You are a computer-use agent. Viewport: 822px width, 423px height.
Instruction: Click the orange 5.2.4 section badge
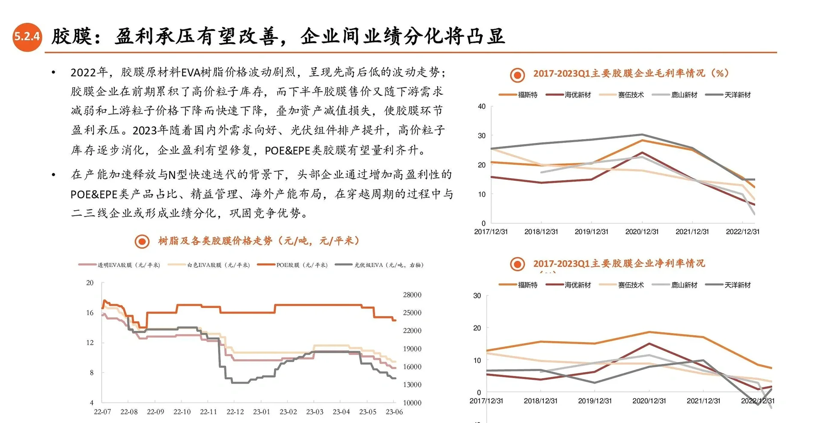(x=27, y=36)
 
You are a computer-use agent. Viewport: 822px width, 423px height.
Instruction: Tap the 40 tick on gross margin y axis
(x=482, y=106)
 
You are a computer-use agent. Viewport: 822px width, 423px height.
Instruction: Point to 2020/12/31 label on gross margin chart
(x=642, y=232)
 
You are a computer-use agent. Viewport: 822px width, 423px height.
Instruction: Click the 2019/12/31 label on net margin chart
(x=595, y=401)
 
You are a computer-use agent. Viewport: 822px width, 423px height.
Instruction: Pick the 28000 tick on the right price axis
(x=412, y=295)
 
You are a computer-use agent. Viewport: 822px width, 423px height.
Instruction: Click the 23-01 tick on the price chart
(x=261, y=411)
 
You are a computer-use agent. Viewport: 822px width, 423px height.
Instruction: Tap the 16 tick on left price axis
(x=89, y=313)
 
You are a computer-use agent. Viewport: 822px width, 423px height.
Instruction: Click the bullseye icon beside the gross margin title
(x=517, y=75)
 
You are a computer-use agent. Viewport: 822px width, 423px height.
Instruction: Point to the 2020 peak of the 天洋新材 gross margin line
(x=642, y=134)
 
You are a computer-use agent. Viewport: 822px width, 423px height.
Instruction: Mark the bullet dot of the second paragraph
(x=54, y=175)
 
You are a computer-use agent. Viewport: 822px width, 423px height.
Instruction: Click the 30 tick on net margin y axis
(x=477, y=295)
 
